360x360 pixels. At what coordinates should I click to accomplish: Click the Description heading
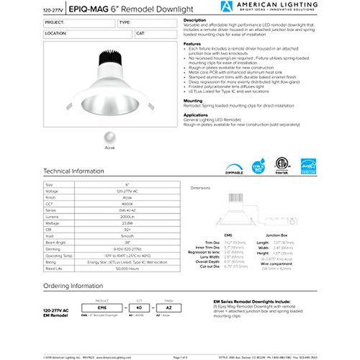click(x=195, y=20)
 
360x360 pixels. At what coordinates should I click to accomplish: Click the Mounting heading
click(x=194, y=100)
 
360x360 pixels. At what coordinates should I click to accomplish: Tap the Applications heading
click(x=197, y=114)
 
